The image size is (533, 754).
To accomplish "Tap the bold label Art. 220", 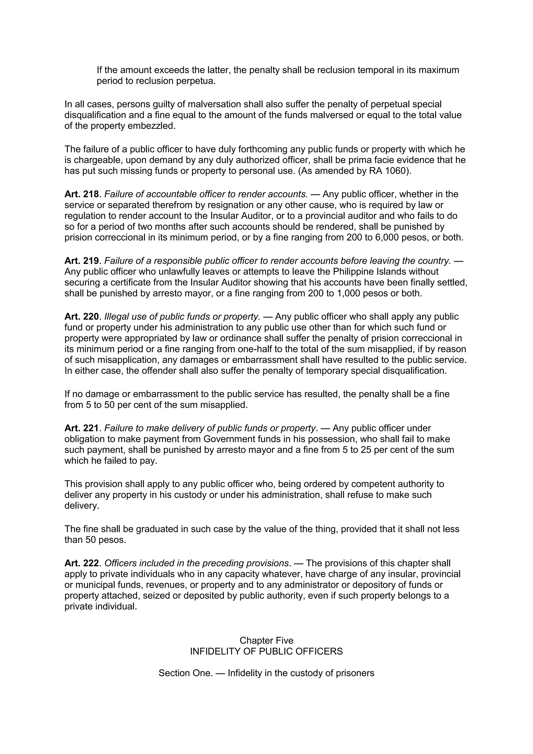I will coord(81,317).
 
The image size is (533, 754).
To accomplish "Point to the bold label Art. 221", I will coord(81,428).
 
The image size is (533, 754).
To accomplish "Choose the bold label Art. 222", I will coord(81,563).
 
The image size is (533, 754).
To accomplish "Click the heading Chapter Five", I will coord(266,640).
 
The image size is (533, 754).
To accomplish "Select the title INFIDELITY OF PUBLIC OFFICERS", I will coord(266,651).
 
